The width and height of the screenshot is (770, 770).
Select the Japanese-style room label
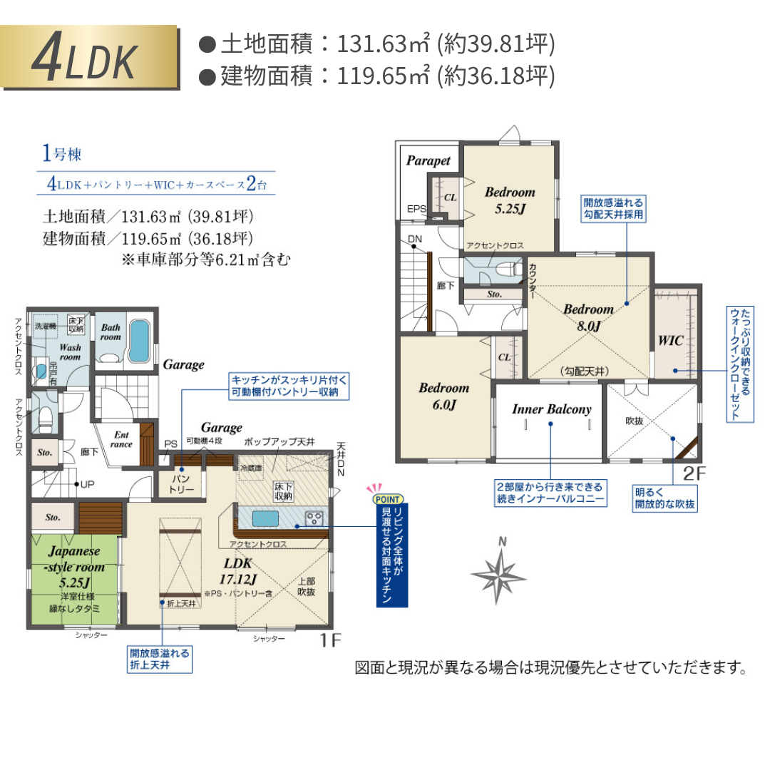[75, 560]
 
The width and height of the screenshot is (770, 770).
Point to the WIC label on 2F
[671, 341]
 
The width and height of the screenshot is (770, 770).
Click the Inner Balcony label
[551, 409]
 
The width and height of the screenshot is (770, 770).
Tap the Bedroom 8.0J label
[588, 317]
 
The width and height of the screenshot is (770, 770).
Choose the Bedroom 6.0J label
[443, 396]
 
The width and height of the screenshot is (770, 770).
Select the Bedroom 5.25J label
[510, 200]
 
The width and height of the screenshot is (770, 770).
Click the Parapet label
[428, 161]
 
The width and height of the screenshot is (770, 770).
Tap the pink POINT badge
[386, 499]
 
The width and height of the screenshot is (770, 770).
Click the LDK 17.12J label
[239, 570]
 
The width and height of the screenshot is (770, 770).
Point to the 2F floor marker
[694, 473]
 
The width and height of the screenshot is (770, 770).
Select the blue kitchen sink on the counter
[265, 518]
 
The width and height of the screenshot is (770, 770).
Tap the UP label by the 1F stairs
[87, 484]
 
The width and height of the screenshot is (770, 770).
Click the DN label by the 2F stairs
[415, 239]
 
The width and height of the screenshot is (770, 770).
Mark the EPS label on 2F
[417, 209]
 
